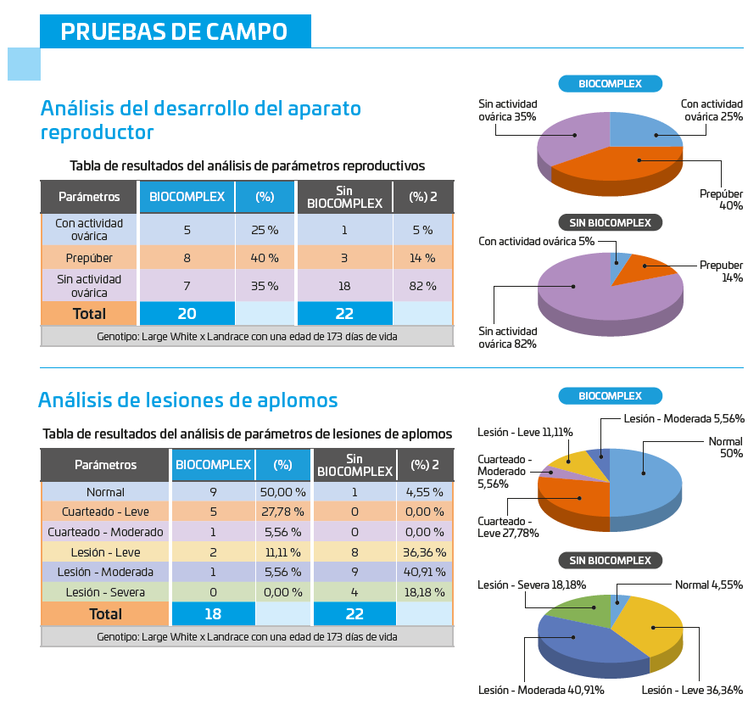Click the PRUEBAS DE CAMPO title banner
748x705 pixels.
175,31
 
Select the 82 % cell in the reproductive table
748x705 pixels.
421,285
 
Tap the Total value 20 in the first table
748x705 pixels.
187,313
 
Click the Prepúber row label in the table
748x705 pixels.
88,258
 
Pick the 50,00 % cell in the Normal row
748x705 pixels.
282,492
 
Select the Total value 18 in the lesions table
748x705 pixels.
212,613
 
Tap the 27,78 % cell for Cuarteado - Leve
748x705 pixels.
282,512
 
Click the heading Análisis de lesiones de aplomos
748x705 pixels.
188,400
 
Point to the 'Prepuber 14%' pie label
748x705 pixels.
721,271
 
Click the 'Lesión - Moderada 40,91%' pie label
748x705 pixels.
540,690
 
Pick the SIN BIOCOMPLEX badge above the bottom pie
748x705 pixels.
610,561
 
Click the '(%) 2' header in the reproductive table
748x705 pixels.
422,197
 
